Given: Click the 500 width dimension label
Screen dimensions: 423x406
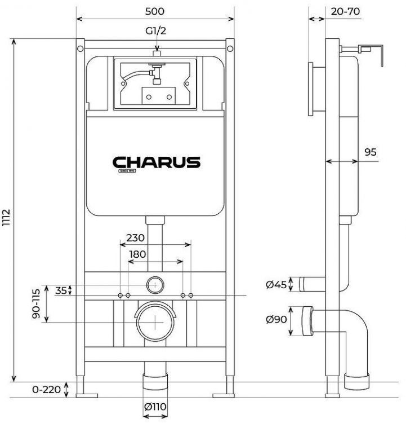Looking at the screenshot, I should [155, 11].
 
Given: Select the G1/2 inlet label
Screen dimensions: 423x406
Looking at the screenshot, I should [155, 32].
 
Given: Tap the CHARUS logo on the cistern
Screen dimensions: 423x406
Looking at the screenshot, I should [157, 163].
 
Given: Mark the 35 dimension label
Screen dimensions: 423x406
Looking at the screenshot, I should [60, 290].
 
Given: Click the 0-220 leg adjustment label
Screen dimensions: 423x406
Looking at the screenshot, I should [46, 390].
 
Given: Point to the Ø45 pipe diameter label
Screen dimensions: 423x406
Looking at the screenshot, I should [276, 285].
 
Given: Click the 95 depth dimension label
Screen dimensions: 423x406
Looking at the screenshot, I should [371, 152].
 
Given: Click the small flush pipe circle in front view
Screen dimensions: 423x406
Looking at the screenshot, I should [155, 285].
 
